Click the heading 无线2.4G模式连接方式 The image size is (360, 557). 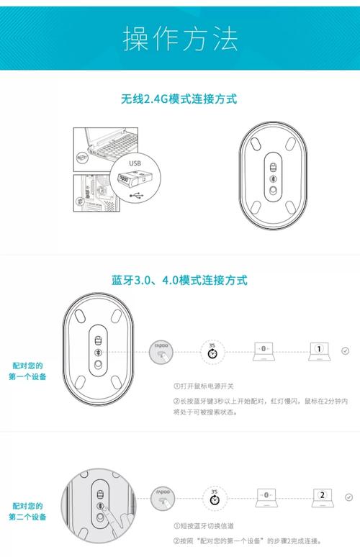tap(179, 99)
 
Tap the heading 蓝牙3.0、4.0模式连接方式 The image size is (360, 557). tap(179, 279)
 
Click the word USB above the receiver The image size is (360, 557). tap(135, 163)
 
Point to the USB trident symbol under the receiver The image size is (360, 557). tap(135, 195)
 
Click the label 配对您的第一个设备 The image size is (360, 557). tap(27, 371)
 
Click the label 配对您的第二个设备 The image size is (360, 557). tap(27, 511)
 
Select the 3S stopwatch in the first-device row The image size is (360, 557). tap(212, 352)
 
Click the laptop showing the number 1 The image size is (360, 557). tap(319, 351)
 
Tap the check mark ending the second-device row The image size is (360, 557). tap(349, 497)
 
